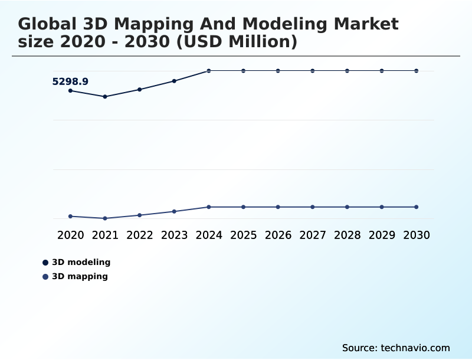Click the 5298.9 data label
[x=70, y=81]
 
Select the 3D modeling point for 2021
[x=105, y=96]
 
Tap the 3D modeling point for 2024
[x=209, y=71]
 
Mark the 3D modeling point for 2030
[x=417, y=71]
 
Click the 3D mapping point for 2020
[x=70, y=217]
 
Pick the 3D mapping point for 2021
[x=105, y=218]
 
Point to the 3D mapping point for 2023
[x=174, y=211]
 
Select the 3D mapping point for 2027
[x=313, y=207]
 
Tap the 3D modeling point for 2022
[x=140, y=89]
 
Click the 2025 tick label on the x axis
[x=243, y=235]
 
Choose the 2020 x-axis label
[x=70, y=235]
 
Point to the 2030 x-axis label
[x=417, y=235]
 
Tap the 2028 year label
[x=347, y=235]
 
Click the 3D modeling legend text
[x=81, y=262]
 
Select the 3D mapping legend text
[x=80, y=276]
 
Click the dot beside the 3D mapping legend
[x=45, y=277]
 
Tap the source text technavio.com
[x=396, y=348]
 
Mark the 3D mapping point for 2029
[x=382, y=207]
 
